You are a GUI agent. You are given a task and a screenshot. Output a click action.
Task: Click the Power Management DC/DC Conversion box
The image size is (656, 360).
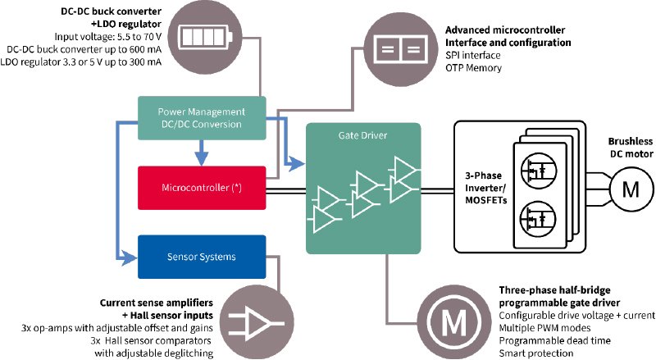tap(202, 118)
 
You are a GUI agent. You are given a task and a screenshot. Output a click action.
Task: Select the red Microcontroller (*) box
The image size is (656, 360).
tap(202, 188)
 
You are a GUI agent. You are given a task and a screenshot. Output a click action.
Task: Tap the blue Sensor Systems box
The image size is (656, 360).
tap(202, 257)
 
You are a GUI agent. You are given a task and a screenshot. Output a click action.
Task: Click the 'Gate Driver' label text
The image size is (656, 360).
tap(362, 135)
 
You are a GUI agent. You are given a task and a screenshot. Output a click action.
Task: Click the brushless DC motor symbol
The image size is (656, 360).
tap(631, 189)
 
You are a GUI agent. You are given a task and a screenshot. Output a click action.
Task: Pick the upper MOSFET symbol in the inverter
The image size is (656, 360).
tap(539, 171)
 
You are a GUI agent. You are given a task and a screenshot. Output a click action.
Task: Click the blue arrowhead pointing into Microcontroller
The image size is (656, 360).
tap(202, 158)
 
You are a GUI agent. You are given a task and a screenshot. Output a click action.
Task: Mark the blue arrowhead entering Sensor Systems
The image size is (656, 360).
tap(130, 257)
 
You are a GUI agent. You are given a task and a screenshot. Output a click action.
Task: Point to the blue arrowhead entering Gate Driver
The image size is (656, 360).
tap(298, 164)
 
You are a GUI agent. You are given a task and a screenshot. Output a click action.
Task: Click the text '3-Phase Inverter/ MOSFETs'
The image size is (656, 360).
tap(485, 188)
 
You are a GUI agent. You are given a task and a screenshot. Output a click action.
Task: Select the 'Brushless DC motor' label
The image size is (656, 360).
tap(631, 148)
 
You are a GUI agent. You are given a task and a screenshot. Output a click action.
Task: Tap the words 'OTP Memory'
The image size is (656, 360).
tap(473, 68)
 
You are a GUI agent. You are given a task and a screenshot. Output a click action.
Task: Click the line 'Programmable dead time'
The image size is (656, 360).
tap(555, 341)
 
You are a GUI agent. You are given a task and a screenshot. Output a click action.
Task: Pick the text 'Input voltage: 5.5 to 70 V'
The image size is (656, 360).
tap(108, 37)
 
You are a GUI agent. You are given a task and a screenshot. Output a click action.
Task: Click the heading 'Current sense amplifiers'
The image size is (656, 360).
tap(156, 303)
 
